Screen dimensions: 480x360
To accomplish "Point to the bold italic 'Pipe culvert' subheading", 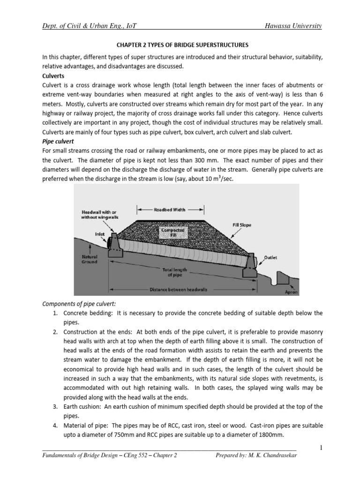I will click(x=59, y=142).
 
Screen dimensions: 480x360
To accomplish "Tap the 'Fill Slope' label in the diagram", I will click(x=241, y=225).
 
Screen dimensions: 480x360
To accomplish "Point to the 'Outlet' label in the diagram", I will click(x=271, y=257).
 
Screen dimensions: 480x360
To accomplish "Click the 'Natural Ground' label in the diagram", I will click(x=89, y=259).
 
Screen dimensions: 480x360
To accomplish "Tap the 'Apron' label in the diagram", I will click(x=291, y=291).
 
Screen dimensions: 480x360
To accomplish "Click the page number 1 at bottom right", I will click(x=321, y=448).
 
